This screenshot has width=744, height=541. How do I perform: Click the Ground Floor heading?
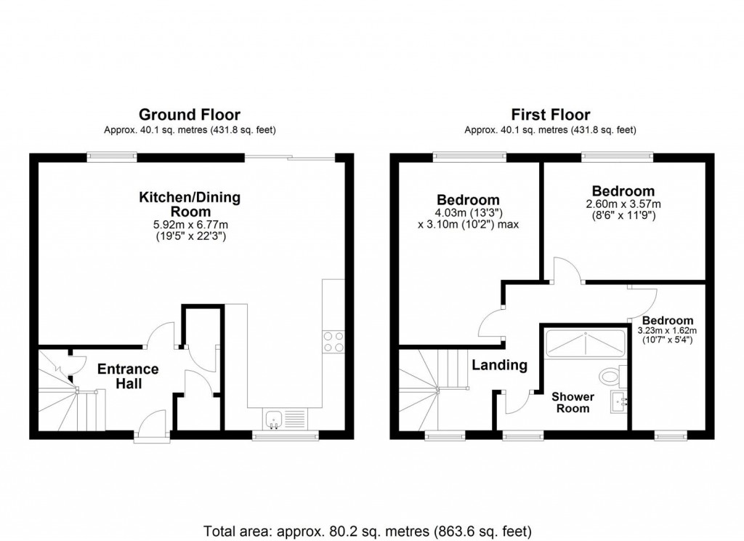[x=189, y=114]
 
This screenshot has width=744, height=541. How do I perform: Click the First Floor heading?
[x=550, y=114]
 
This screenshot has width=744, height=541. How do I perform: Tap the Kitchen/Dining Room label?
[x=190, y=204]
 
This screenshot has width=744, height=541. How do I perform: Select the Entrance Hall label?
[x=129, y=376]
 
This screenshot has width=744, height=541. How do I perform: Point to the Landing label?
[x=500, y=365]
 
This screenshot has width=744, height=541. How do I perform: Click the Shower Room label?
[x=573, y=402]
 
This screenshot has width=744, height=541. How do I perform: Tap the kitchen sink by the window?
[x=275, y=418]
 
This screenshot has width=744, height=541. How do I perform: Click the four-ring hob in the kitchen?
[x=333, y=342]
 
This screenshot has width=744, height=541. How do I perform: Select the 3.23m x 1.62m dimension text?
[x=667, y=331]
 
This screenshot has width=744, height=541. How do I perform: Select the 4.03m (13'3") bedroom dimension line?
[x=468, y=212]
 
